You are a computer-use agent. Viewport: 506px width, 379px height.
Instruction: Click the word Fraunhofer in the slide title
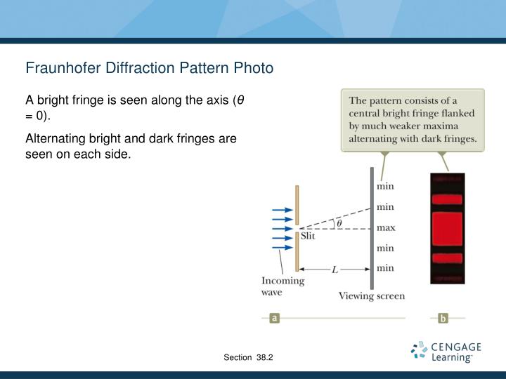click(x=60, y=68)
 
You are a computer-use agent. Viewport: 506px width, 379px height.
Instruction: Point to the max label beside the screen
click(x=386, y=227)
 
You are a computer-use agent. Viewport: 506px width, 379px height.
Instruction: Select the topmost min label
click(x=385, y=187)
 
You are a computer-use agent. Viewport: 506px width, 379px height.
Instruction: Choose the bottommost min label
click(x=385, y=267)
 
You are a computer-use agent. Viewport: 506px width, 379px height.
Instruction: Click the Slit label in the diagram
click(x=309, y=237)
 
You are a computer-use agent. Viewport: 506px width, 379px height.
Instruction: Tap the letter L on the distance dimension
click(x=335, y=269)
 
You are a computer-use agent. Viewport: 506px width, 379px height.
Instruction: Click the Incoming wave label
click(x=283, y=286)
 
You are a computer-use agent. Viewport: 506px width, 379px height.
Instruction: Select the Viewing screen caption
click(x=372, y=296)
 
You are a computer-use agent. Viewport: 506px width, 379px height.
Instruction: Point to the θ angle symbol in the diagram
click(x=339, y=223)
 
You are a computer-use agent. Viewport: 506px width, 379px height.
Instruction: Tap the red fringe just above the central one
click(x=447, y=199)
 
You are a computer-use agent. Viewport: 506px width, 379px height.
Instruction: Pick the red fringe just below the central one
click(x=447, y=258)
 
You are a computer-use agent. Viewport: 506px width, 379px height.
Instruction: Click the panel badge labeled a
click(x=275, y=318)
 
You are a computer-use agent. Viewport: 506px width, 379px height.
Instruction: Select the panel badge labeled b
click(x=443, y=318)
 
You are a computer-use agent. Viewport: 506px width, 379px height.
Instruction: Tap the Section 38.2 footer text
click(x=248, y=358)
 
